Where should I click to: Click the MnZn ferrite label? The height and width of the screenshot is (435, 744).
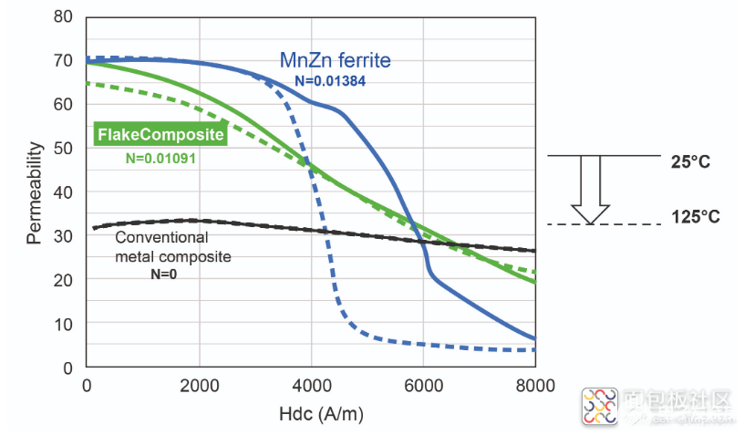[x=335, y=61]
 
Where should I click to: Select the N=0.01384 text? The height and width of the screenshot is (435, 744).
[x=330, y=81]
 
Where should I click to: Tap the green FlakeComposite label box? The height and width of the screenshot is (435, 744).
[x=160, y=135]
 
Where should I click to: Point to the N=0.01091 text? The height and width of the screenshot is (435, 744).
[x=161, y=157]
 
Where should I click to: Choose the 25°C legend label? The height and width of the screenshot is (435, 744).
[x=690, y=162]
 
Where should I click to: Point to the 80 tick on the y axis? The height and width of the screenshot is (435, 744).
[x=63, y=17]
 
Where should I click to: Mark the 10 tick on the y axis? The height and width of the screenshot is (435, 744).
[x=63, y=324]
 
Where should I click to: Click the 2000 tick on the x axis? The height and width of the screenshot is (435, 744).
[x=199, y=386]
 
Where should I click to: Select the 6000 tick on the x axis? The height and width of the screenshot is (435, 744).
[x=423, y=386]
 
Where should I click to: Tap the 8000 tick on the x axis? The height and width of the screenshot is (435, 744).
[x=534, y=386]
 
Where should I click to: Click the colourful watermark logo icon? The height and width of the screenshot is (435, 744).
[x=600, y=405]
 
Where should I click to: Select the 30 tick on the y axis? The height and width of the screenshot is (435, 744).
[x=63, y=236]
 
